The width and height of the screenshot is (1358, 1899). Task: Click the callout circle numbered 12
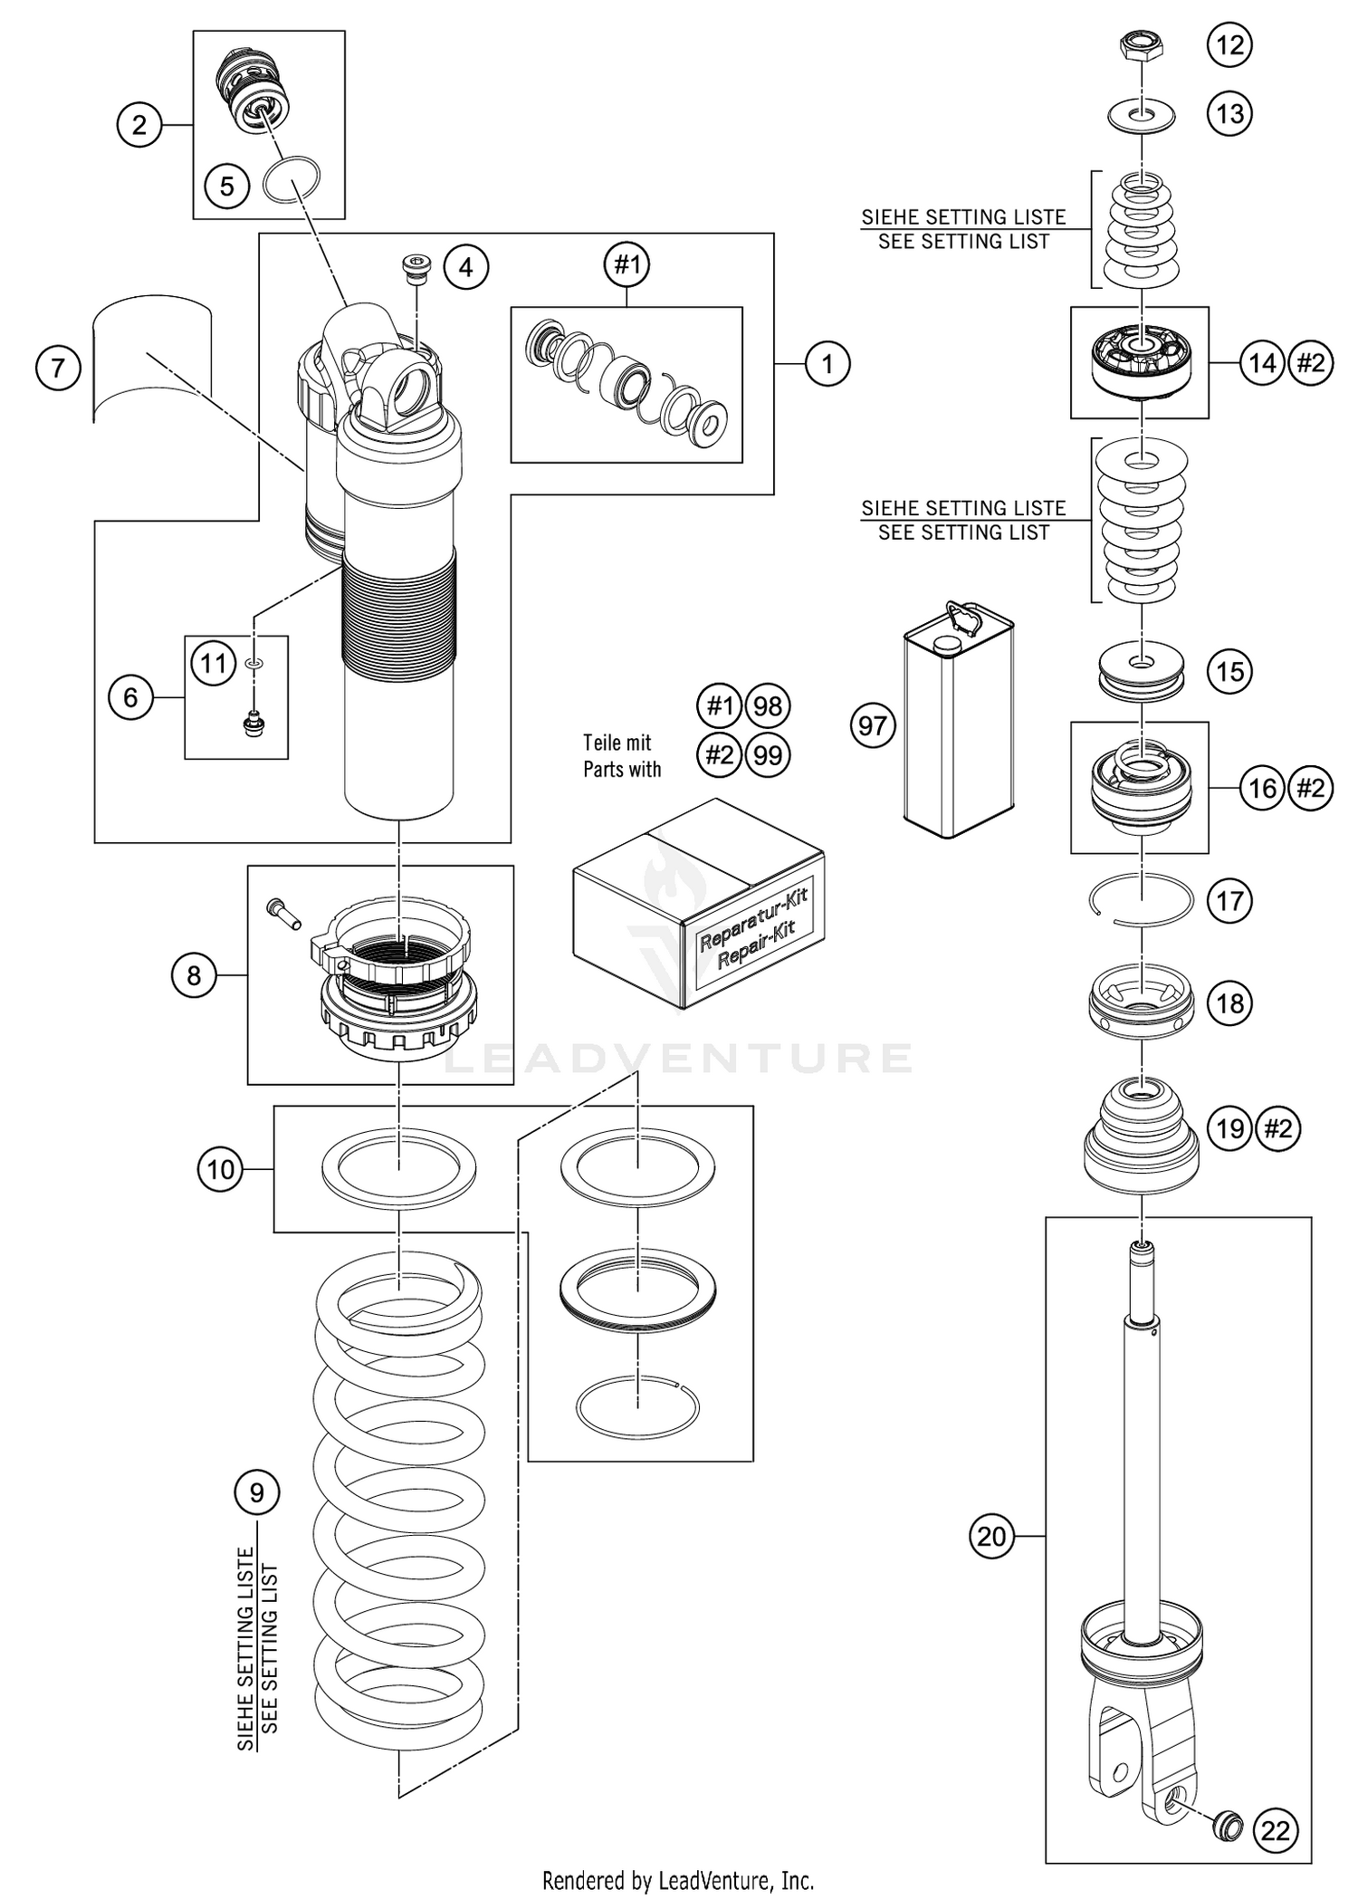[x=1229, y=44]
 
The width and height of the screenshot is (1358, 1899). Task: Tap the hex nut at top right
[x=1141, y=44]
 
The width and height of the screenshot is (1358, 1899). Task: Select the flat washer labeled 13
[x=1142, y=115]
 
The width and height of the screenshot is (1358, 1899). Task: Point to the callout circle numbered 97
[x=873, y=725]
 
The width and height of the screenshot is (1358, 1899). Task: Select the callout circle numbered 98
[x=768, y=705]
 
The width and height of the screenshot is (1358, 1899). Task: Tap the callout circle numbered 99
[x=768, y=754]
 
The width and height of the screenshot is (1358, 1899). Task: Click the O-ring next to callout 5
[x=292, y=181]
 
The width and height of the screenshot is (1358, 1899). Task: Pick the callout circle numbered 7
[x=59, y=368]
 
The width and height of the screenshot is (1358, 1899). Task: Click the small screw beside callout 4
[x=416, y=269]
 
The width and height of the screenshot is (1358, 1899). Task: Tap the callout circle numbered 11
[x=213, y=664]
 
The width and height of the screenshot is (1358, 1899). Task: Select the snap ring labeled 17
[x=1140, y=901]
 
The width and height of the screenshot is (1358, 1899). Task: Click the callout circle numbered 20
[x=992, y=1536]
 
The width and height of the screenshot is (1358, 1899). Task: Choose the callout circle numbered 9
[x=257, y=1491]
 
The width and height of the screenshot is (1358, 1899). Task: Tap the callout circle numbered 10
[x=220, y=1169]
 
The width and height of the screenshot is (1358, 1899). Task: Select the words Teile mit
[x=617, y=743]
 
